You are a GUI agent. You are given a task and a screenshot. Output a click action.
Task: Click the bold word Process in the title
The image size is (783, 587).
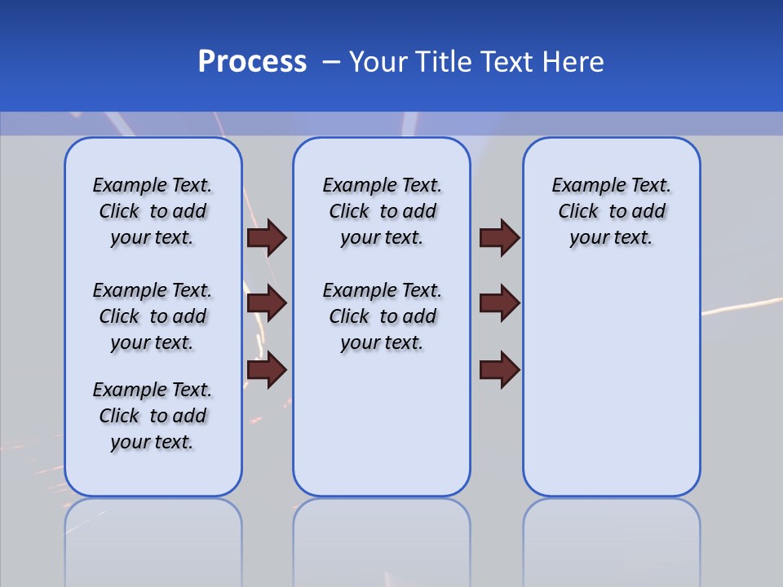point(252,62)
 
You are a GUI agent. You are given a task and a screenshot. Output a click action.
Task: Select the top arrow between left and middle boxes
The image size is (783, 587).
point(267,237)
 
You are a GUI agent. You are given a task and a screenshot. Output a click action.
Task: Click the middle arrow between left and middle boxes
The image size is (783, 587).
point(267,303)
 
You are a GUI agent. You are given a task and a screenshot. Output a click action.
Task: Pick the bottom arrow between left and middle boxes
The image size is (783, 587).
point(267,370)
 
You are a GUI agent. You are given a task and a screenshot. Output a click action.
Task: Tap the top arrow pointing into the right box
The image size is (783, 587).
point(499,237)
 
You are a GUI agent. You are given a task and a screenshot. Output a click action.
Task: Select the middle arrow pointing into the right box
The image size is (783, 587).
point(499,303)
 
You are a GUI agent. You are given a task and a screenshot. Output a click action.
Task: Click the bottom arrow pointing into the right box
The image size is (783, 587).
point(499,370)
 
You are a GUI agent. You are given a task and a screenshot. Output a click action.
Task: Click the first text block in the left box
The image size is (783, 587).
point(153,211)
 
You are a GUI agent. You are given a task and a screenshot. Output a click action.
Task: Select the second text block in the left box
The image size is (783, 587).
point(153,316)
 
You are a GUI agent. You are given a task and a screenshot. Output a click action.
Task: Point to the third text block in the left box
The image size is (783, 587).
point(153,416)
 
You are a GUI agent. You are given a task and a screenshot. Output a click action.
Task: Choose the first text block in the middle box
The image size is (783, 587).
point(382,211)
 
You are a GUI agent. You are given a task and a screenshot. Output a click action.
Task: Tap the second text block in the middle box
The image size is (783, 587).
point(382,316)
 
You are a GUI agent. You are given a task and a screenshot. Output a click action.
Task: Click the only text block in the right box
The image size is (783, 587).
point(612,211)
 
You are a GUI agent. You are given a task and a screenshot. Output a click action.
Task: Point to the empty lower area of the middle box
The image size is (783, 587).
point(382,424)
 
